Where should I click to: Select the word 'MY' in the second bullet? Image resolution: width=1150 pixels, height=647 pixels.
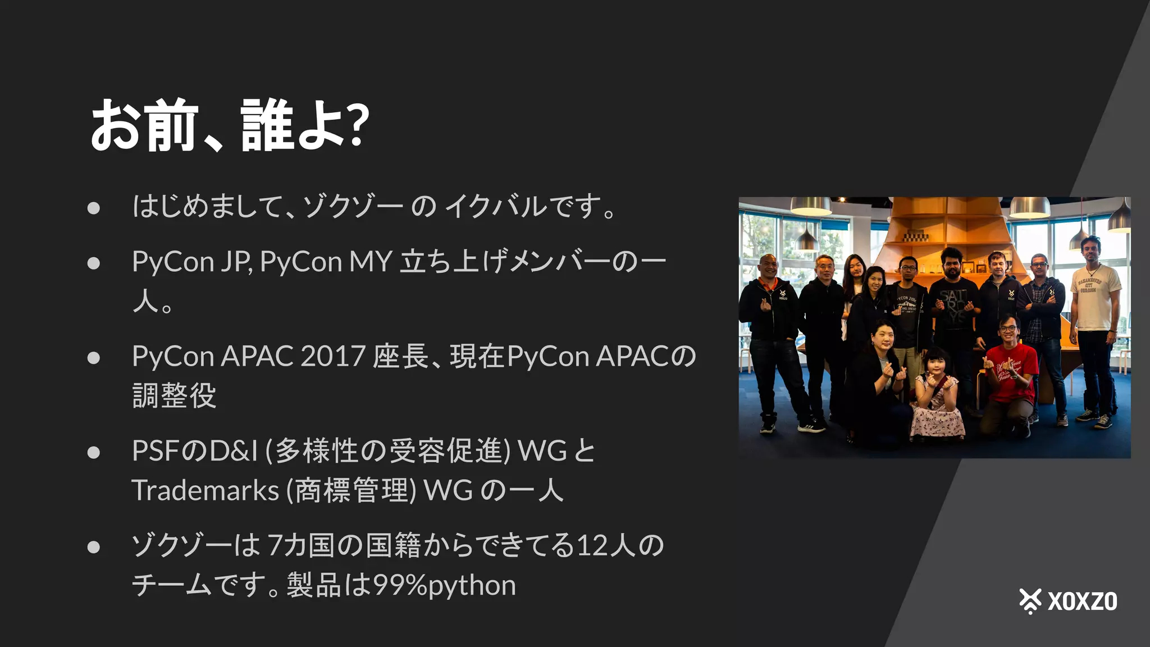370,262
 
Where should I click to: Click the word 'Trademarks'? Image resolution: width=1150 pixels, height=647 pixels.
205,490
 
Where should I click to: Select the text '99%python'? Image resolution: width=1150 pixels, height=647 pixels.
444,585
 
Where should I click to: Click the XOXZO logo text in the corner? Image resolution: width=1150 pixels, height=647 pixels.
1082,602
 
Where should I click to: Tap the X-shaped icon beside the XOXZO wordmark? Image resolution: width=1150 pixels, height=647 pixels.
1030,601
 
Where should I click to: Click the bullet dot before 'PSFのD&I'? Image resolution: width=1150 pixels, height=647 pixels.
94,452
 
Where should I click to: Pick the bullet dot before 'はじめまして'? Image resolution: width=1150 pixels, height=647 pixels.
94,208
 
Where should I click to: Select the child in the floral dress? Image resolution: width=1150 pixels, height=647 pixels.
936,399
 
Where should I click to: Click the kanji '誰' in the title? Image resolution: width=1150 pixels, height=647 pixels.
267,124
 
